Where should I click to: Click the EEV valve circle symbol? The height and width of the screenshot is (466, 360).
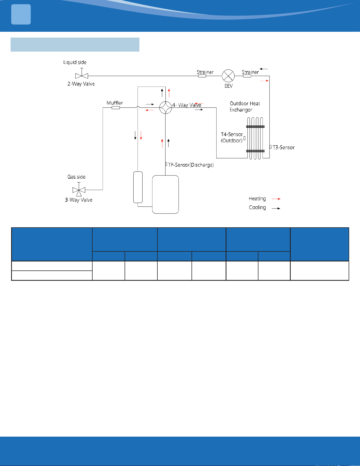pyautogui.click(x=228, y=76)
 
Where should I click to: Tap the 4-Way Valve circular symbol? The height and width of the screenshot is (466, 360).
pyautogui.click(x=166, y=108)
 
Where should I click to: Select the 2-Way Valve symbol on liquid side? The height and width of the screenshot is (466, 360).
pyautogui.click(x=82, y=74)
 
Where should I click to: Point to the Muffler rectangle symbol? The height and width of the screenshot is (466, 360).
pyautogui.click(x=116, y=108)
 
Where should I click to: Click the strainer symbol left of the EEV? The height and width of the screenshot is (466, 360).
pyautogui.click(x=202, y=76)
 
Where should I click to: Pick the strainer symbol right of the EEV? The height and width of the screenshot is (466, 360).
pyautogui.click(x=247, y=76)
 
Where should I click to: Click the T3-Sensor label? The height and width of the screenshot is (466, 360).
pyautogui.click(x=284, y=147)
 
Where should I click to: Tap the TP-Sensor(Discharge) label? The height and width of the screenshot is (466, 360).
pyautogui.click(x=191, y=165)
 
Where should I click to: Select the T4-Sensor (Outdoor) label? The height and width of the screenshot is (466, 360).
pyautogui.click(x=232, y=137)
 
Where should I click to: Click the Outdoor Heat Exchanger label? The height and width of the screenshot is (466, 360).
pyautogui.click(x=245, y=107)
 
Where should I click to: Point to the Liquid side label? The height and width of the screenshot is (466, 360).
pyautogui.click(x=75, y=62)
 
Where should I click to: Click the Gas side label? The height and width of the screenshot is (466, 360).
pyautogui.click(x=76, y=177)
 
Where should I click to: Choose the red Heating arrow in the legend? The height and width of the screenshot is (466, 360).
pyautogui.click(x=276, y=199)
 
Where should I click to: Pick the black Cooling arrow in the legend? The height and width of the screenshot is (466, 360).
pyautogui.click(x=276, y=209)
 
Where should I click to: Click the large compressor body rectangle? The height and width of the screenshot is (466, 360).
pyautogui.click(x=166, y=194)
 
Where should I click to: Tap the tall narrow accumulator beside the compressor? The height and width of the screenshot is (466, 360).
pyautogui.click(x=138, y=187)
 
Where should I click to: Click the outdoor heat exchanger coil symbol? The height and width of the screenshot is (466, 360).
pyautogui.click(x=255, y=138)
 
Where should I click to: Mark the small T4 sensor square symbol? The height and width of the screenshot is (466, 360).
pyautogui.click(x=245, y=138)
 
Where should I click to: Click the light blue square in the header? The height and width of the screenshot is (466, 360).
pyautogui.click(x=21, y=15)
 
